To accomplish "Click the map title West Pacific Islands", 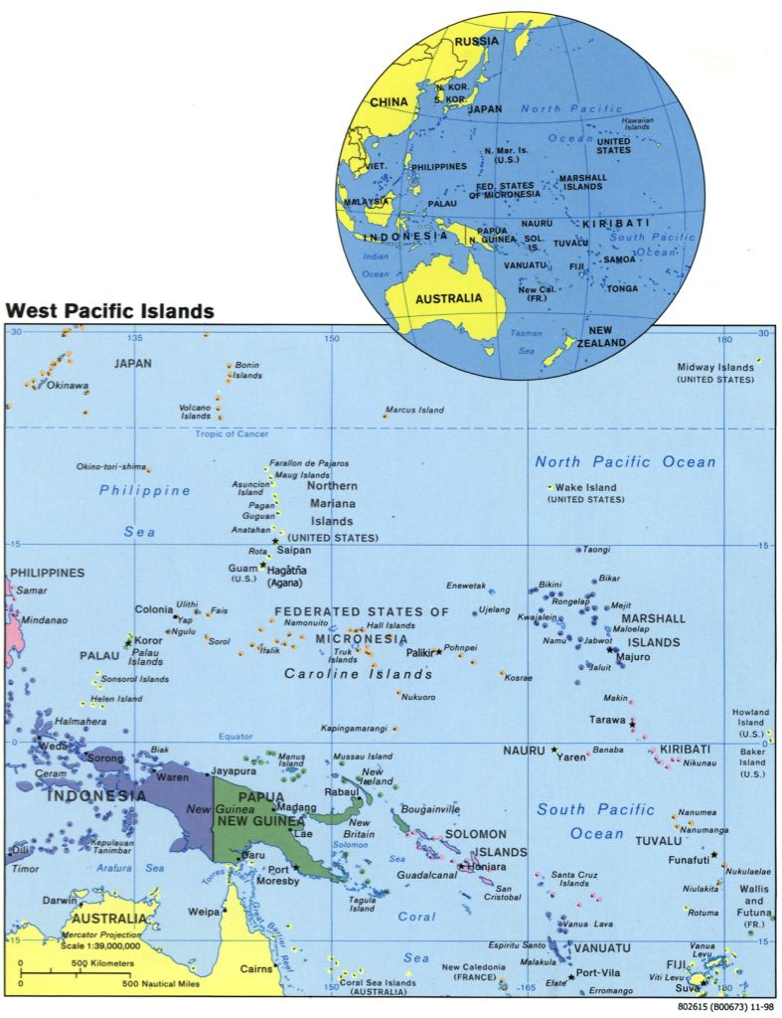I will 109,311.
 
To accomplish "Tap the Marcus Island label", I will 414,410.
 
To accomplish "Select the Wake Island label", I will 585,488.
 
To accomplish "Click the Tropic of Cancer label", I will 232,434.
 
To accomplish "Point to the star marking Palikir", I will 438,652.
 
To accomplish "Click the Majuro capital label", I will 633,657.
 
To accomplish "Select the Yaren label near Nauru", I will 570,756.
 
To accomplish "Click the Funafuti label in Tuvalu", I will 685,860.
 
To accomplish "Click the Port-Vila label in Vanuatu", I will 598,973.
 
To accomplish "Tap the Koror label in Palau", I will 147,641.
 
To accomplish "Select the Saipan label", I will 294,550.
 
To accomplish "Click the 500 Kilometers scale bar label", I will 97,963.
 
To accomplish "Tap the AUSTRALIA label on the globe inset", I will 448,298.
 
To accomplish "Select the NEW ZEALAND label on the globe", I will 606,336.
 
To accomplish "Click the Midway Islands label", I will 714,367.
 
